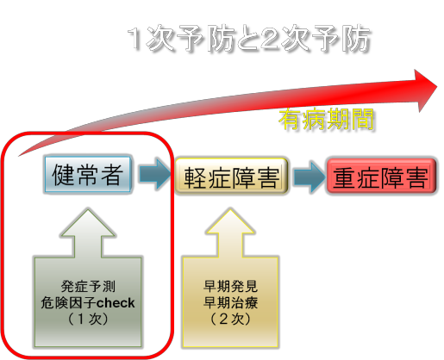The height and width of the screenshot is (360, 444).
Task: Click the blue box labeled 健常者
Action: click(88, 175)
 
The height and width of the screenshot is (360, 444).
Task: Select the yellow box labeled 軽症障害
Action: click(231, 177)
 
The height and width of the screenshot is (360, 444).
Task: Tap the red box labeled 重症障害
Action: click(381, 177)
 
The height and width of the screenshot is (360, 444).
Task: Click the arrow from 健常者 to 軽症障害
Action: click(155, 174)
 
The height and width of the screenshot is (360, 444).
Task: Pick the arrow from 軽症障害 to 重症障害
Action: click(309, 177)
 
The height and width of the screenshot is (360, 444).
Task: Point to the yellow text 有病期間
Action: click(326, 119)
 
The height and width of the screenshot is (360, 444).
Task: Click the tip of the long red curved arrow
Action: click(437, 87)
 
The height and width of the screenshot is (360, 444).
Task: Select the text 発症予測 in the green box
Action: click(88, 286)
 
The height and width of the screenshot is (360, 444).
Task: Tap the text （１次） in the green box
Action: click(88, 319)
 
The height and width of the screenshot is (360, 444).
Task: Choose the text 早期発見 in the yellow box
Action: click(230, 286)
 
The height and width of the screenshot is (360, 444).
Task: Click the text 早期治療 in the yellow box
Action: click(230, 302)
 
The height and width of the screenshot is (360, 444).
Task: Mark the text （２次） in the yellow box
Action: click(230, 319)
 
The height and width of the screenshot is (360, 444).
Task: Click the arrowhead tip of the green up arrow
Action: click(88, 208)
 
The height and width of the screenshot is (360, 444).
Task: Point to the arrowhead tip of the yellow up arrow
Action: click(230, 208)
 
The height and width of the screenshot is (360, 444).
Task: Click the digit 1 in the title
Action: click(134, 39)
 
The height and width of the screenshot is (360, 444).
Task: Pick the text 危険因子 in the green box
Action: click(68, 303)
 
